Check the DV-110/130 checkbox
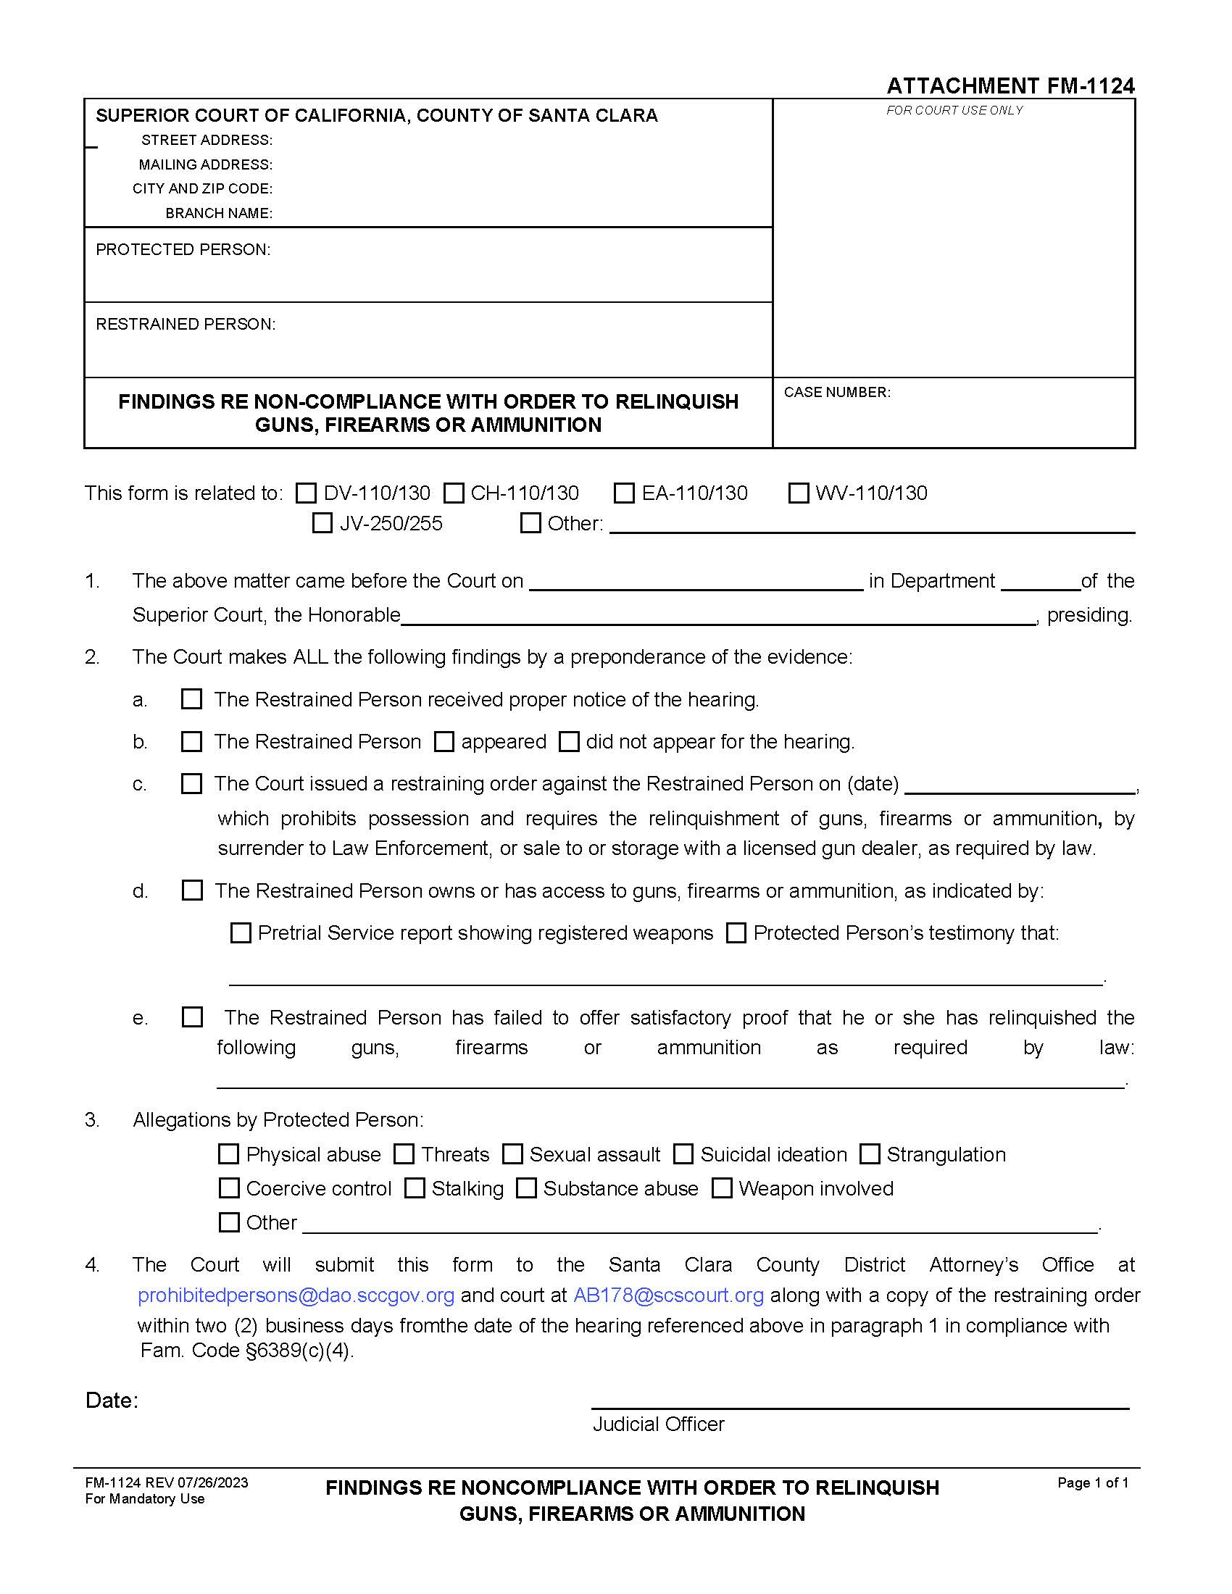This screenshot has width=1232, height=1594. coord(306,493)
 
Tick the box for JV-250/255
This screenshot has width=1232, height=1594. coord(322,523)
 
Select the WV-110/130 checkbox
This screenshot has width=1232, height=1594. coord(799,493)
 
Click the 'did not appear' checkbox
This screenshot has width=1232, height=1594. coord(570,741)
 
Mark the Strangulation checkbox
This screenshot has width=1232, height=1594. coord(869,1154)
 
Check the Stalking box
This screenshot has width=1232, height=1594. coord(415,1188)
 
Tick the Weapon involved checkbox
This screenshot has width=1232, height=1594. coord(722,1188)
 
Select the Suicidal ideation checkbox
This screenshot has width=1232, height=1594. coord(683,1154)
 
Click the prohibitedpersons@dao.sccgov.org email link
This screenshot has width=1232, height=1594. coord(296,1295)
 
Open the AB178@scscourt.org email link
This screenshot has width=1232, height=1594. coord(669,1295)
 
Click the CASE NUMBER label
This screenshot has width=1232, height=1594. coord(836,393)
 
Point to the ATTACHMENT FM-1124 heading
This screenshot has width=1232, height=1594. coord(1010,86)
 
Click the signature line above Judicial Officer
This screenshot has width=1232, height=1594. coord(860,1406)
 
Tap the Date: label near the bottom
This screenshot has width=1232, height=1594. coord(112,1400)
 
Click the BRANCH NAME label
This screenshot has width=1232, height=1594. coord(218,213)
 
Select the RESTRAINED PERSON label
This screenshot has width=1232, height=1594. coord(186,324)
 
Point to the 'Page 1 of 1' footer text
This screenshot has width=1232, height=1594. coord(1093,1482)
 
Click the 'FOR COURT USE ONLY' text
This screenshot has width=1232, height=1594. coord(954,110)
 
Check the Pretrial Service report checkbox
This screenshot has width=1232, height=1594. coord(241,932)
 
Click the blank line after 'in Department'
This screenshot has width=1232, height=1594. coord(1040,583)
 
